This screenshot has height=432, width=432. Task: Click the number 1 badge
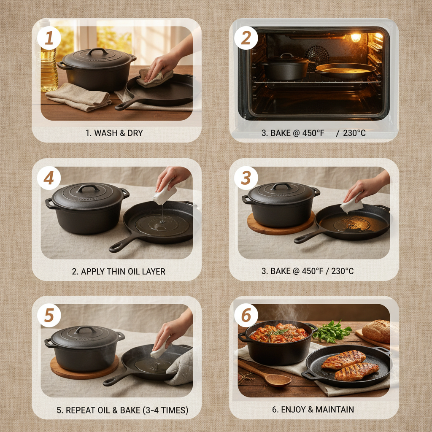[x=49, y=38]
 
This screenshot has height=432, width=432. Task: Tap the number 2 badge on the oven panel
[x=246, y=38]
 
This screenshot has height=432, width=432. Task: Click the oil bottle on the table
[x=49, y=67]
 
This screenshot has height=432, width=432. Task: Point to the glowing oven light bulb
[x=356, y=38]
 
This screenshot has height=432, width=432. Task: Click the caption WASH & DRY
[x=114, y=133]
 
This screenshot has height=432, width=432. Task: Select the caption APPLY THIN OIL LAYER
[x=119, y=271]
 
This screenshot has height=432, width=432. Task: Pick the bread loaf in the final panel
[x=376, y=331]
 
